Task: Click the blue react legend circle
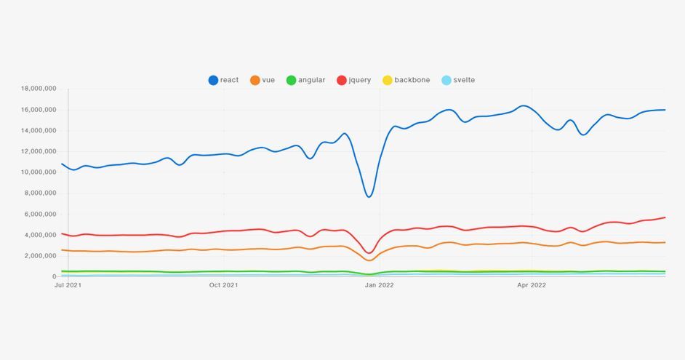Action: pyautogui.click(x=213, y=80)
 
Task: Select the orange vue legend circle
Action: pyautogui.click(x=255, y=80)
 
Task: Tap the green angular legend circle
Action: pyautogui.click(x=291, y=80)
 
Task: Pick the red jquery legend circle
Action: pyautogui.click(x=342, y=80)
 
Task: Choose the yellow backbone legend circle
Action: pyautogui.click(x=388, y=80)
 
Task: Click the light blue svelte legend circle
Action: pyautogui.click(x=446, y=80)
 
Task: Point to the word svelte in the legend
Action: pyautogui.click(x=464, y=80)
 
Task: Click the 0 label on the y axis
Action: pyautogui.click(x=54, y=277)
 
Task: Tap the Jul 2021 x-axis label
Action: pyautogui.click(x=68, y=285)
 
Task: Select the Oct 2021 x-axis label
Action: pyautogui.click(x=223, y=285)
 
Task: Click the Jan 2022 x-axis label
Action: pyautogui.click(x=379, y=285)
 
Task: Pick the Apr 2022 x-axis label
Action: pyautogui.click(x=532, y=285)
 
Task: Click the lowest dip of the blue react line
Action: pyautogui.click(x=369, y=196)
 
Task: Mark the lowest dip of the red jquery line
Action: pyautogui.click(x=369, y=253)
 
